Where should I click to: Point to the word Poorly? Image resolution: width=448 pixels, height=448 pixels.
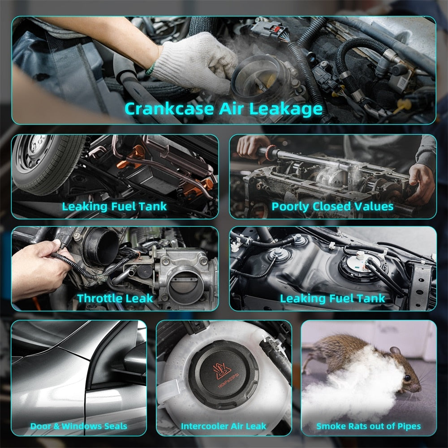(x=290, y=207)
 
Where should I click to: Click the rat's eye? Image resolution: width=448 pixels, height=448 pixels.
(x=406, y=379)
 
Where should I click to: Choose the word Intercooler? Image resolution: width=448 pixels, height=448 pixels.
(x=204, y=426)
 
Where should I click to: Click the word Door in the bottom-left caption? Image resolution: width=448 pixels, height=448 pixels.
(x=41, y=426)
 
